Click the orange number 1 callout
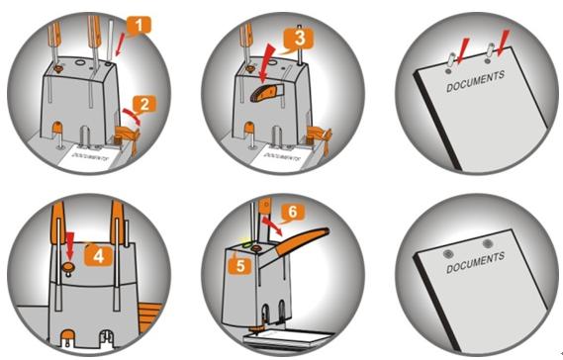pyautogui.click(x=139, y=26)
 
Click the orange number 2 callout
pyautogui.click(x=144, y=104)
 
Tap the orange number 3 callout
pyautogui.click(x=299, y=39)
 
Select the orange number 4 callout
pyautogui.click(x=98, y=256)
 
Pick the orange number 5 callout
pyautogui.click(x=239, y=266)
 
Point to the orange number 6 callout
pyautogui.click(x=293, y=212)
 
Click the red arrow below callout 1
pyautogui.click(x=120, y=44)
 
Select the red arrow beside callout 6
pyautogui.click(x=272, y=226)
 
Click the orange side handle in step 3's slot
pyautogui.click(x=265, y=93)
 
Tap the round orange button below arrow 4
pyautogui.click(x=68, y=267)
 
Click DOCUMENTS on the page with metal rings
pyautogui.click(x=475, y=81)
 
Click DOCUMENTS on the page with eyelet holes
pyautogui.click(x=475, y=263)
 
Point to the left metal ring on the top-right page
pyautogui.click(x=452, y=58)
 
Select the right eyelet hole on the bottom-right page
pyautogui.click(x=487, y=244)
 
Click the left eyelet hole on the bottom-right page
pyautogui.click(x=448, y=254)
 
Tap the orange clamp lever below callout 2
pyautogui.click(x=127, y=137)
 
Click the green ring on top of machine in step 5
pyautogui.click(x=247, y=244)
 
